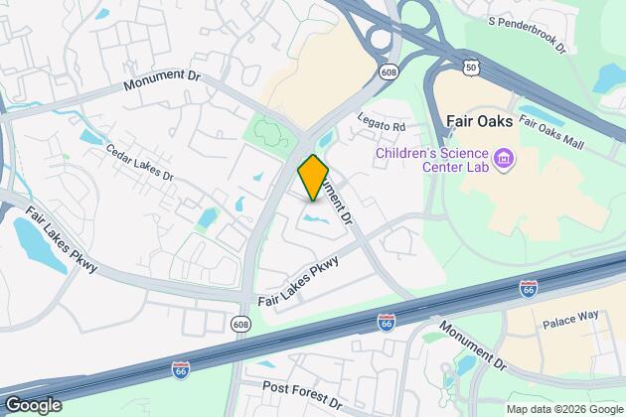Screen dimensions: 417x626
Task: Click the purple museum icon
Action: coord(503,159)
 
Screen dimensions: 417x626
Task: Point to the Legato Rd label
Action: coord(384,127)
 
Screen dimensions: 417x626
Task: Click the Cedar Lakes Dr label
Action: coord(139,161)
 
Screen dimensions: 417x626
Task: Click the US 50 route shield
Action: coord(469,66)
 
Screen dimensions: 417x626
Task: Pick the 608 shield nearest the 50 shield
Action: coord(388,71)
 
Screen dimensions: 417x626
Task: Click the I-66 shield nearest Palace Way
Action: coord(529,288)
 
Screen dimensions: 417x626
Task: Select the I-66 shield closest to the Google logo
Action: coord(180,369)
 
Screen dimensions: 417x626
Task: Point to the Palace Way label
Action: coord(567,324)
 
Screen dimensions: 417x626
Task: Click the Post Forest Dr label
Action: coord(302,395)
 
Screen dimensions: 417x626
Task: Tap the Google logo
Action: coord(32,405)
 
